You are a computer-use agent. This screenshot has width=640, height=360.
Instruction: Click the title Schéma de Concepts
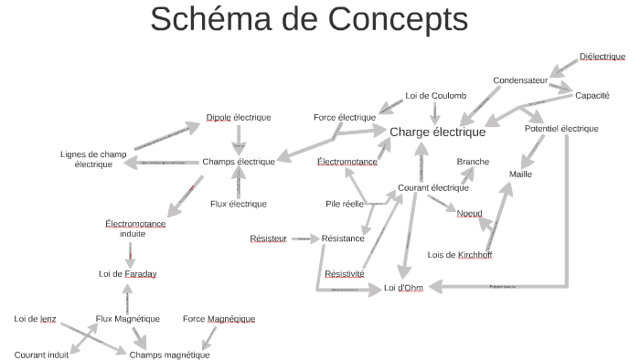tap(308, 19)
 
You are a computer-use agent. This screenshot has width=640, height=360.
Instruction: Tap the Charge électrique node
tap(437, 132)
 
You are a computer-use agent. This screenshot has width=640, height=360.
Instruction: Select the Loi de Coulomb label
tap(436, 96)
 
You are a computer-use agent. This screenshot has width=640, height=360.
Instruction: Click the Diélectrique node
tap(602, 57)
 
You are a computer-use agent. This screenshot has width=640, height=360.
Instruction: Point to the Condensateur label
tap(520, 80)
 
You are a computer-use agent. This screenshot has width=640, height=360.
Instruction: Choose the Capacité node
tap(592, 95)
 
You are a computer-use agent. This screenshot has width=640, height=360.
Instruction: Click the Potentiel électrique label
tap(561, 129)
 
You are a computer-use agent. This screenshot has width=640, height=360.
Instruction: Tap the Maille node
tap(520, 174)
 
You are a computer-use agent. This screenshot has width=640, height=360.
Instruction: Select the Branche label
tap(473, 162)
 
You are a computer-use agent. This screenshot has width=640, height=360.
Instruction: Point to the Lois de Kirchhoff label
tap(460, 255)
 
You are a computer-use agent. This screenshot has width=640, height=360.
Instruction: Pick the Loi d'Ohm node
tap(403, 288)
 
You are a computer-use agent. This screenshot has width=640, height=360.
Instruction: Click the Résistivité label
tap(344, 273)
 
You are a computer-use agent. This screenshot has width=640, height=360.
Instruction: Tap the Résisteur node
tap(268, 238)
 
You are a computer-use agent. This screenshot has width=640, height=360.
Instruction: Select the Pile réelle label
tap(345, 204)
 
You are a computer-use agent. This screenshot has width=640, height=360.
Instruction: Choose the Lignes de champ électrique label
tap(93, 159)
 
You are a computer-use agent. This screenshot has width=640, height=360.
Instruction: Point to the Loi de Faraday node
tap(127, 273)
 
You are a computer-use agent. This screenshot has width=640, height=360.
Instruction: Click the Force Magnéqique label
tap(219, 319)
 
